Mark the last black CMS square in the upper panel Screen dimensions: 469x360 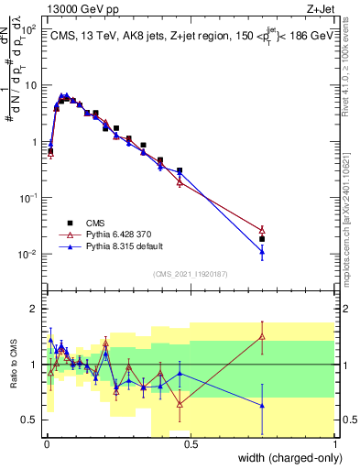tap(262, 239)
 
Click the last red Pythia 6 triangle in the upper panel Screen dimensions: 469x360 tap(262, 230)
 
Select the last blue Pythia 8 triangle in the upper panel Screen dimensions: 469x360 tap(262, 250)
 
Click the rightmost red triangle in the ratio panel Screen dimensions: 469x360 tap(262, 337)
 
